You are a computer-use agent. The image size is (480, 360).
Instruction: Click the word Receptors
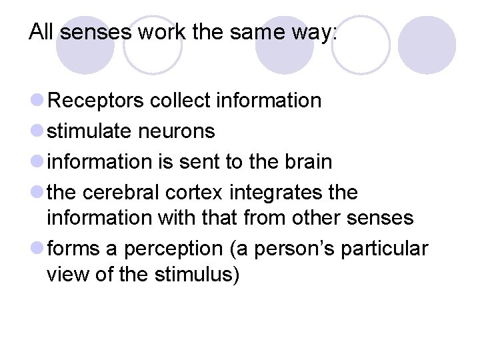tap(97, 101)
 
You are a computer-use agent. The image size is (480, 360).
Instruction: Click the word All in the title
tap(40, 32)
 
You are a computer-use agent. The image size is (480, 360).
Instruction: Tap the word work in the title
tap(158, 32)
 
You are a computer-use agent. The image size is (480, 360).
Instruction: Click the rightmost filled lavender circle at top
tap(427, 45)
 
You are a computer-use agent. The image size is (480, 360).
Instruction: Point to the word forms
tap(73, 248)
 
